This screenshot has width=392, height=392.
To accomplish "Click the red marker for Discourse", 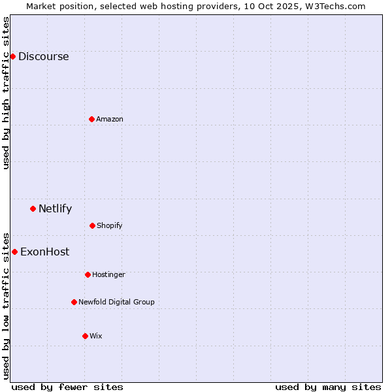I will (x=12, y=56).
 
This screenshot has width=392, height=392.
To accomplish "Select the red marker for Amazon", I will (x=91, y=119).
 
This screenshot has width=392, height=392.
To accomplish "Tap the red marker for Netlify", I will (x=33, y=208).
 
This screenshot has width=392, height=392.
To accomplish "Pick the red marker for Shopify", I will (x=92, y=225).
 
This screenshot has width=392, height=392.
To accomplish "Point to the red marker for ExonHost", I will (x=14, y=252).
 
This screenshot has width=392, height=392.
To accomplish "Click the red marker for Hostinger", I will (x=88, y=274).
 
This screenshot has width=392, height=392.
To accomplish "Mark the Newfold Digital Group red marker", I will (x=74, y=302).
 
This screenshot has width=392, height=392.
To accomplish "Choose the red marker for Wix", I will (x=85, y=336).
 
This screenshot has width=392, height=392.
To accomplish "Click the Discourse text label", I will (x=43, y=56).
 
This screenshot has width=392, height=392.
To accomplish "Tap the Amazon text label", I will (x=110, y=119).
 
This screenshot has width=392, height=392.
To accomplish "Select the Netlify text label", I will (x=55, y=209).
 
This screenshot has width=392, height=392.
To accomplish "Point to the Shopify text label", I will (x=110, y=226).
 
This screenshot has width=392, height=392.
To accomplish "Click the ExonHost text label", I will (x=44, y=252).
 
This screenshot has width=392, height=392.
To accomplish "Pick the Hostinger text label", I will (x=108, y=275).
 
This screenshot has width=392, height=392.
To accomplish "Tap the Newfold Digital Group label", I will (x=116, y=302).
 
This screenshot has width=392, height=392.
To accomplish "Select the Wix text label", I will (x=96, y=336).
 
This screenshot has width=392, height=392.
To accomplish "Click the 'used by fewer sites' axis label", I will (x=67, y=387).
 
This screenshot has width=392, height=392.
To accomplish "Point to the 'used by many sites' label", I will (x=328, y=387).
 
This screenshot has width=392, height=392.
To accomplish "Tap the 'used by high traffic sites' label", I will (x=6, y=93).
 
